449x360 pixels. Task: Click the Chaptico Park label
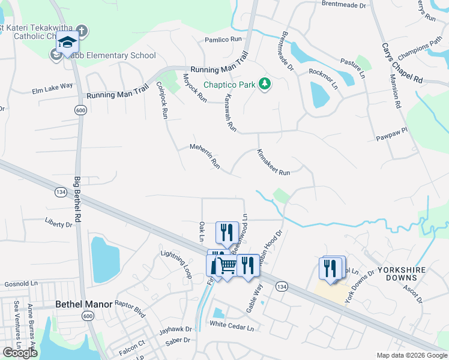click(229, 85)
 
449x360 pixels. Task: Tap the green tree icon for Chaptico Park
click(264, 84)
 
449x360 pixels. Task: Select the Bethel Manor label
click(83, 304)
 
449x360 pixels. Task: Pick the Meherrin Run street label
click(205, 155)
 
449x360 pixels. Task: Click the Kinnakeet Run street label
click(273, 162)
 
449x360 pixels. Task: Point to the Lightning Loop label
click(176, 263)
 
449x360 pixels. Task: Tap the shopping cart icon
click(226, 265)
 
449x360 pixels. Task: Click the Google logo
click(20, 353)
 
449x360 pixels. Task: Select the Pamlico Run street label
click(223, 39)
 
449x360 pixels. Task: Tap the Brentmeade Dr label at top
click(343, 5)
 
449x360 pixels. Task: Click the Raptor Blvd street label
click(130, 308)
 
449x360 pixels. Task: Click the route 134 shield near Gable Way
click(280, 287)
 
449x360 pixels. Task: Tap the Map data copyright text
click(411, 355)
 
